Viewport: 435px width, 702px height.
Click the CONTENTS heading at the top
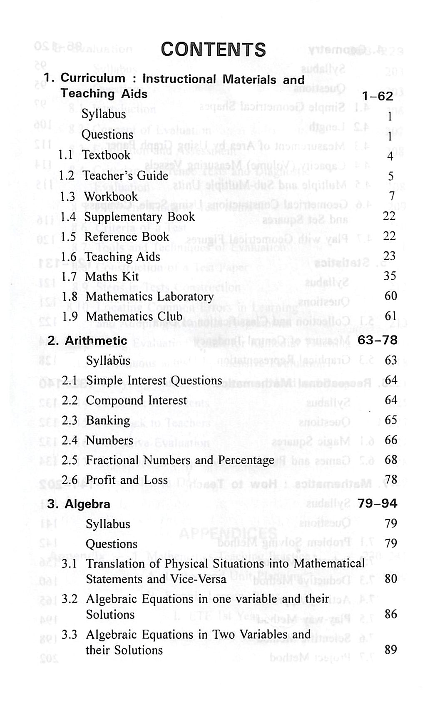(x=213, y=50)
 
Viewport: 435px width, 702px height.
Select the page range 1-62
(x=377, y=96)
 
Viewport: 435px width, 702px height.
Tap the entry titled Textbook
(x=107, y=155)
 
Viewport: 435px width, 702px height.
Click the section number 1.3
(x=67, y=197)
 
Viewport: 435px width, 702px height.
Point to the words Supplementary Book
(x=139, y=217)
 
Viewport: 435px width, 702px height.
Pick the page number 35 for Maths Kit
(x=390, y=276)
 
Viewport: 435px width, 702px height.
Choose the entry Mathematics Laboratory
(x=149, y=296)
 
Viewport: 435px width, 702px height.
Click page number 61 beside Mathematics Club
(x=390, y=316)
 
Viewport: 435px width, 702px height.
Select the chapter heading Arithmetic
(x=96, y=341)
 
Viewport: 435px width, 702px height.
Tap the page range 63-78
(x=378, y=340)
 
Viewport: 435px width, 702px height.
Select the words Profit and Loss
(x=127, y=480)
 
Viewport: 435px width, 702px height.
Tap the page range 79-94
(x=378, y=504)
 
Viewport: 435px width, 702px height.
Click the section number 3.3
(x=70, y=635)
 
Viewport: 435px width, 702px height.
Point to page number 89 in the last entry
(x=391, y=650)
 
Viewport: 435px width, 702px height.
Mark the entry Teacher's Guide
(x=125, y=176)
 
